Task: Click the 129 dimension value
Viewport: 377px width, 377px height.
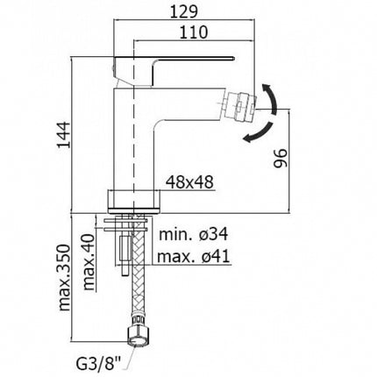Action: pyautogui.click(x=184, y=11)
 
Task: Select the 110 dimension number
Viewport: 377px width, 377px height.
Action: pyautogui.click(x=193, y=32)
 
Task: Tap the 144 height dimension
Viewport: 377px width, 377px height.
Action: pyautogui.click(x=64, y=135)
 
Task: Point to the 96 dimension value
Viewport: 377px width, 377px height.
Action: pyautogui.click(x=281, y=158)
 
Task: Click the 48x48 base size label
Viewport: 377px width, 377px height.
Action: pyautogui.click(x=189, y=182)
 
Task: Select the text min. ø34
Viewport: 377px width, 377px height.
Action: pyautogui.click(x=193, y=234)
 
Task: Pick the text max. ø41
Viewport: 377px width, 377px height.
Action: pyautogui.click(x=194, y=257)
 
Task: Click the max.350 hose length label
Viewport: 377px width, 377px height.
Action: pyautogui.click(x=64, y=278)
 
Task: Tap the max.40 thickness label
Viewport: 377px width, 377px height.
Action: pyautogui.click(x=89, y=262)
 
